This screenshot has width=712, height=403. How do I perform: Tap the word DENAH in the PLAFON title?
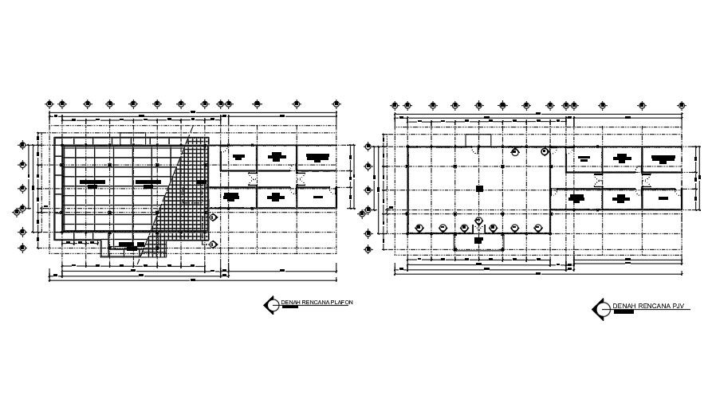pos(289,303)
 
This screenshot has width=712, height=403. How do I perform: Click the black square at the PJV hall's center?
pos(478,189)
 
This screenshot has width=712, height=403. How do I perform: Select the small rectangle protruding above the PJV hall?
pos(478,140)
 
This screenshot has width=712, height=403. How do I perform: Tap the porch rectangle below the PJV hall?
pos(478,241)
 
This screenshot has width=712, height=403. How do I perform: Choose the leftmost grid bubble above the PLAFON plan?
pos(50,104)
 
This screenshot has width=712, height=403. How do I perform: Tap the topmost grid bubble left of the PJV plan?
pos(368,146)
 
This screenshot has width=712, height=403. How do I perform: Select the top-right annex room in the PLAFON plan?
pos(317,157)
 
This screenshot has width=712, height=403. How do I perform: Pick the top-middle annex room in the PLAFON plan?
pos(277,157)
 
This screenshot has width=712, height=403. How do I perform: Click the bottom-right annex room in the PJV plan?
pos(662,198)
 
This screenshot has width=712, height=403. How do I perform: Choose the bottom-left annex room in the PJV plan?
pos(584,198)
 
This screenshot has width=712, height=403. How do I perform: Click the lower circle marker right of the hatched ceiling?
pos(213,245)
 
